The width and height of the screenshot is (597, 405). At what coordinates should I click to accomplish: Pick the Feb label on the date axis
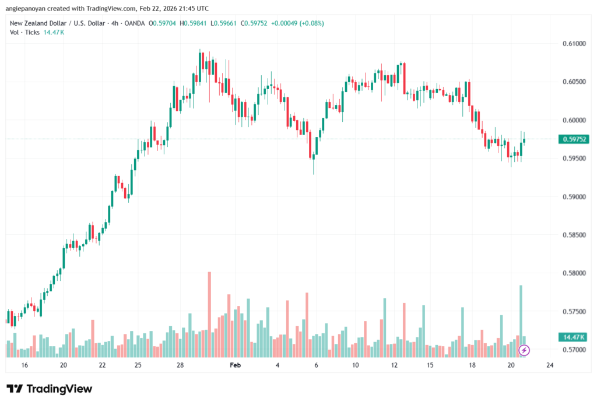coord(236,365)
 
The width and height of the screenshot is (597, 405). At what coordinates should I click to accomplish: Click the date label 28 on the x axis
coord(180,365)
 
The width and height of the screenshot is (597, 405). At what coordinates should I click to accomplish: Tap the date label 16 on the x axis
coord(24,365)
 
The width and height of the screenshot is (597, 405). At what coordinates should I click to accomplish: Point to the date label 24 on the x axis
coord(549,365)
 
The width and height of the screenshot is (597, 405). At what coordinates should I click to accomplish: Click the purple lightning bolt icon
coord(524,350)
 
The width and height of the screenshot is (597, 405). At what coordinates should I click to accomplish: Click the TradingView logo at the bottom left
coord(50,389)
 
